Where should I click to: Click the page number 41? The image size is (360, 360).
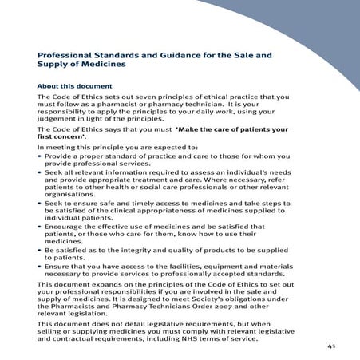pyautogui.click(x=331, y=347)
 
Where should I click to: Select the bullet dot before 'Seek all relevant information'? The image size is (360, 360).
pyautogui.click(x=40, y=174)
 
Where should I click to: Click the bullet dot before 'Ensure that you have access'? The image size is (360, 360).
pyautogui.click(x=40, y=269)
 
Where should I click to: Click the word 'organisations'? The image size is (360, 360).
pyautogui.click(x=71, y=195)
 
